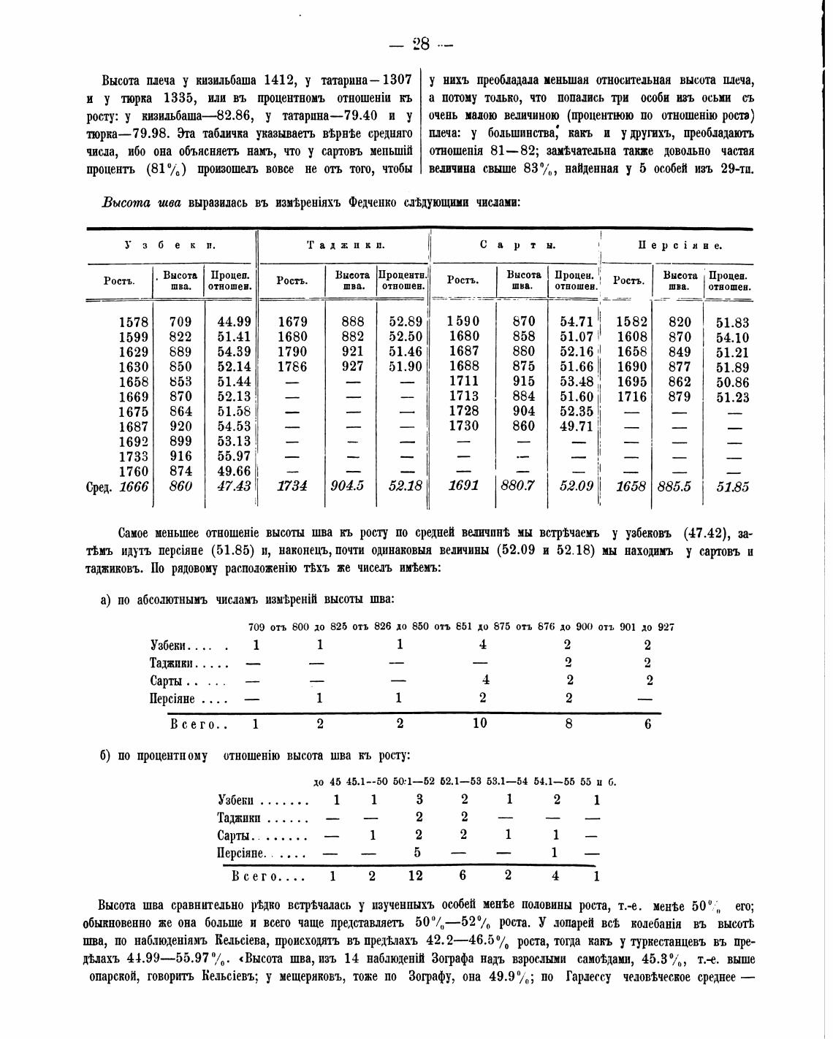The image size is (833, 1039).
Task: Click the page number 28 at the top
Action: tap(421, 44)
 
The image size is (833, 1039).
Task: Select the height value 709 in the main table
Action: tap(180, 322)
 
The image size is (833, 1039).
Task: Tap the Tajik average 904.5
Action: tap(347, 486)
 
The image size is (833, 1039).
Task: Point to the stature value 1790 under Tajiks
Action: tap(292, 352)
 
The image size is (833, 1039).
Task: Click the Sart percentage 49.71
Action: tap(577, 426)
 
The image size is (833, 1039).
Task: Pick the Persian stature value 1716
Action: tap(632, 396)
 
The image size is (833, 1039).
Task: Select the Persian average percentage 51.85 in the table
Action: tap(732, 487)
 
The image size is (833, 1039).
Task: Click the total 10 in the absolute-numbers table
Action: tap(480, 724)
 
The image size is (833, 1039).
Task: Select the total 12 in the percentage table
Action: tap(419, 875)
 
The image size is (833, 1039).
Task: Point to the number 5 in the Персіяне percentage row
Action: tap(419, 852)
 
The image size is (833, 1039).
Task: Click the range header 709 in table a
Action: tap(256, 626)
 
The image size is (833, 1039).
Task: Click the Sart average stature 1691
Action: tap(463, 486)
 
